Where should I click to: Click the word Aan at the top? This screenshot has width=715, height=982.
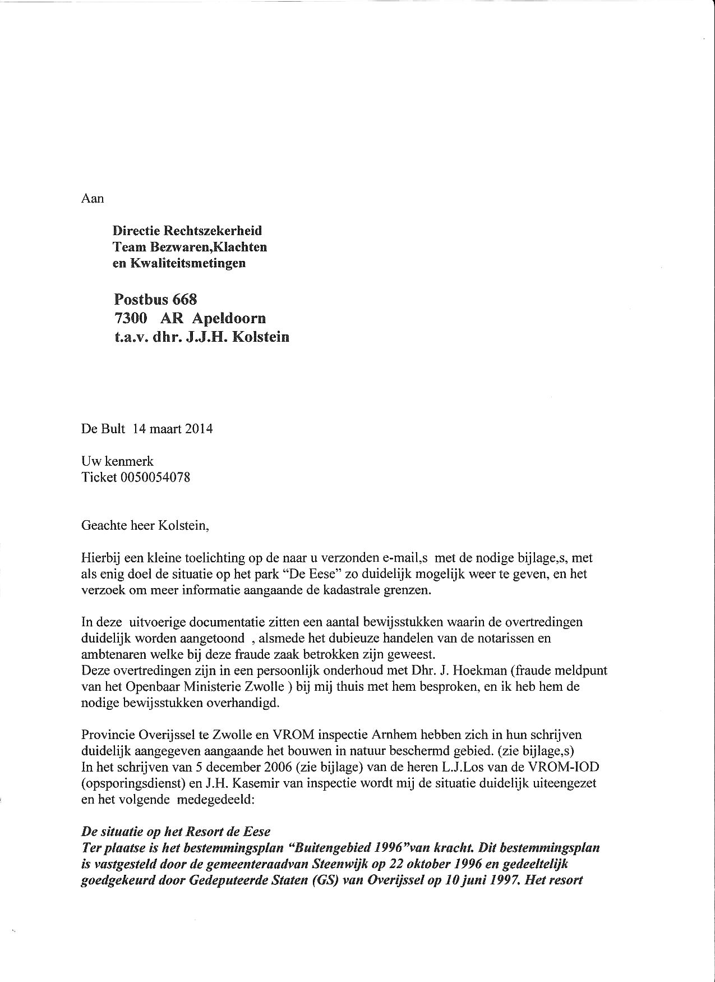click(93, 198)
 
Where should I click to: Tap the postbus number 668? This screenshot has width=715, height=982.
click(184, 299)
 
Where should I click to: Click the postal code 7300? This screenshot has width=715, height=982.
click(131, 318)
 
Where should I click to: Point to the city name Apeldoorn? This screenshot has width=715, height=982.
click(229, 318)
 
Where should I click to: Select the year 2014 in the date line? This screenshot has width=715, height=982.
click(199, 429)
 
